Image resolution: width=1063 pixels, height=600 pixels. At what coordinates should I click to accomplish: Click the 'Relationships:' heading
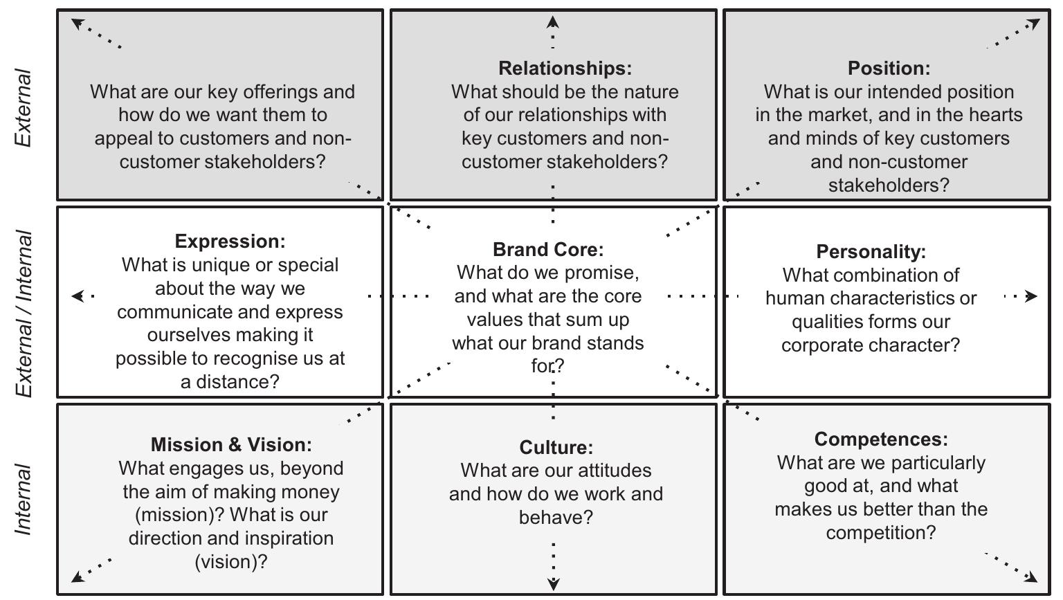click(x=565, y=69)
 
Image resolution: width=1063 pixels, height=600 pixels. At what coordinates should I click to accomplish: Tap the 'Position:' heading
click(x=889, y=69)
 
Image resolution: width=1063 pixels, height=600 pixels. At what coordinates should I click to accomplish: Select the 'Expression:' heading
click(x=230, y=242)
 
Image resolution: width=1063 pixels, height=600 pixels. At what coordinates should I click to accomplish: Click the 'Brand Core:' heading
click(x=548, y=249)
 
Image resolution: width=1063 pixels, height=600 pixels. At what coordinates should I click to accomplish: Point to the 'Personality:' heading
click(x=871, y=252)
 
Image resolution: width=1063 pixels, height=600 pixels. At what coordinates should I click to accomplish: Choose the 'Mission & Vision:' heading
click(x=231, y=445)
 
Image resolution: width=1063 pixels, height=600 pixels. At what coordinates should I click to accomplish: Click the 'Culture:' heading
click(x=556, y=447)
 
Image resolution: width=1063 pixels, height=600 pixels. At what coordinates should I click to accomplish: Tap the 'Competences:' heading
click(x=881, y=439)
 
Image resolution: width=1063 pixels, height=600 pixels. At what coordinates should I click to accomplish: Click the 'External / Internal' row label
click(x=24, y=313)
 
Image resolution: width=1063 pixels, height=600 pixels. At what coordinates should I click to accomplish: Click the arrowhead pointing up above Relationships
click(x=552, y=22)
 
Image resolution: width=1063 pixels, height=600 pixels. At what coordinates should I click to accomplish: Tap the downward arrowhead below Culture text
click(x=554, y=584)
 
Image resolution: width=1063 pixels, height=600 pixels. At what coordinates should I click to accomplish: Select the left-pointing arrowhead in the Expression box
click(x=78, y=296)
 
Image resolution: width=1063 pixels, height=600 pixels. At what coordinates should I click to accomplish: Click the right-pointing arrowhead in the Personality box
click(x=1030, y=296)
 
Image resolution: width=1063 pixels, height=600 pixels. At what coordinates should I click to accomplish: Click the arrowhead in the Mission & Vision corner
click(x=78, y=576)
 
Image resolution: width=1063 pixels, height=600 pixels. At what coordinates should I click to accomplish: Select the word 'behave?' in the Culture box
click(x=556, y=518)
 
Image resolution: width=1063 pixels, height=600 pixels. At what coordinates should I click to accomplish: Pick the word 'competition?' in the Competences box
click(x=881, y=533)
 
